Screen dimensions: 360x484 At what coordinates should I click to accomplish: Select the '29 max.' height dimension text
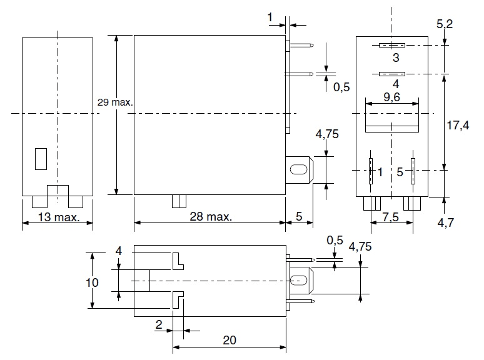(x=115, y=101)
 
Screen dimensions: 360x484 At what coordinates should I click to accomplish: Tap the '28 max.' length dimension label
(x=209, y=217)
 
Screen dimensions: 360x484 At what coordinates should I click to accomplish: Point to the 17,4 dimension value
(x=458, y=125)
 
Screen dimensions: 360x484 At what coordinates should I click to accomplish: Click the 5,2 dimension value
(x=445, y=24)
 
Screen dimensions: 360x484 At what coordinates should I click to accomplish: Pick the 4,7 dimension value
(x=446, y=222)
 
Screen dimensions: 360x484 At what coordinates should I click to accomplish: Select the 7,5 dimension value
(x=390, y=217)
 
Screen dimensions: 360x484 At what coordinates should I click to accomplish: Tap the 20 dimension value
(x=229, y=340)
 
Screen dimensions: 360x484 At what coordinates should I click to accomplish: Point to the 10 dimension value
(x=91, y=282)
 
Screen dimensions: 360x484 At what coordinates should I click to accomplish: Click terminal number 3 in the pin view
(x=395, y=58)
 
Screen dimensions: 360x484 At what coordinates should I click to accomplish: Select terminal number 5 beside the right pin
(x=400, y=171)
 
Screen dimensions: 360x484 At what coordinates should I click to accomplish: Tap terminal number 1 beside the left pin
(x=380, y=171)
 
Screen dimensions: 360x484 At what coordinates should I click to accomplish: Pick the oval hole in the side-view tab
(x=299, y=169)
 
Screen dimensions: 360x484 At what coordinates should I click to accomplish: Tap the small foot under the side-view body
(x=179, y=201)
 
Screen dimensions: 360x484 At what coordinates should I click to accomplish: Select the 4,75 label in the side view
(x=327, y=134)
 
